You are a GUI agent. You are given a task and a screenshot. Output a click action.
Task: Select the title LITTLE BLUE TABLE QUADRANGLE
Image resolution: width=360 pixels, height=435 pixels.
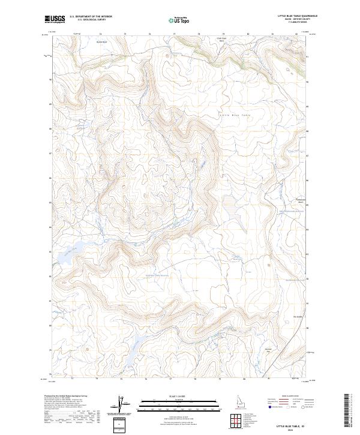point(297,16)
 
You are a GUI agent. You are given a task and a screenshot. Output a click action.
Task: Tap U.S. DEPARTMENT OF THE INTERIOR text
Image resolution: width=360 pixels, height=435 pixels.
point(91,17)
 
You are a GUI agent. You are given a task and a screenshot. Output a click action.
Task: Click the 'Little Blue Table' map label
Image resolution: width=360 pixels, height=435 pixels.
point(234,114)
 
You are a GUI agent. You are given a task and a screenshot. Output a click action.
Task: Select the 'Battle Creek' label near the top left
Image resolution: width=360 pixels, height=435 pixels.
point(102,42)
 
